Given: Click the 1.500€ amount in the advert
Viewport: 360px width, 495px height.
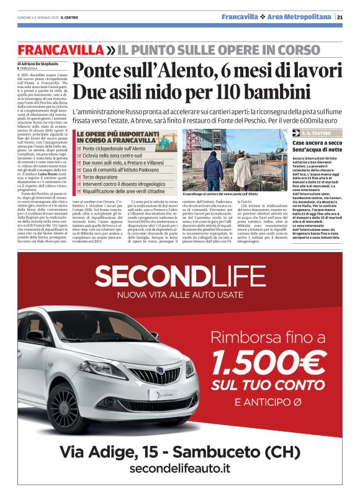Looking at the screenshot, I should click(270, 363).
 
